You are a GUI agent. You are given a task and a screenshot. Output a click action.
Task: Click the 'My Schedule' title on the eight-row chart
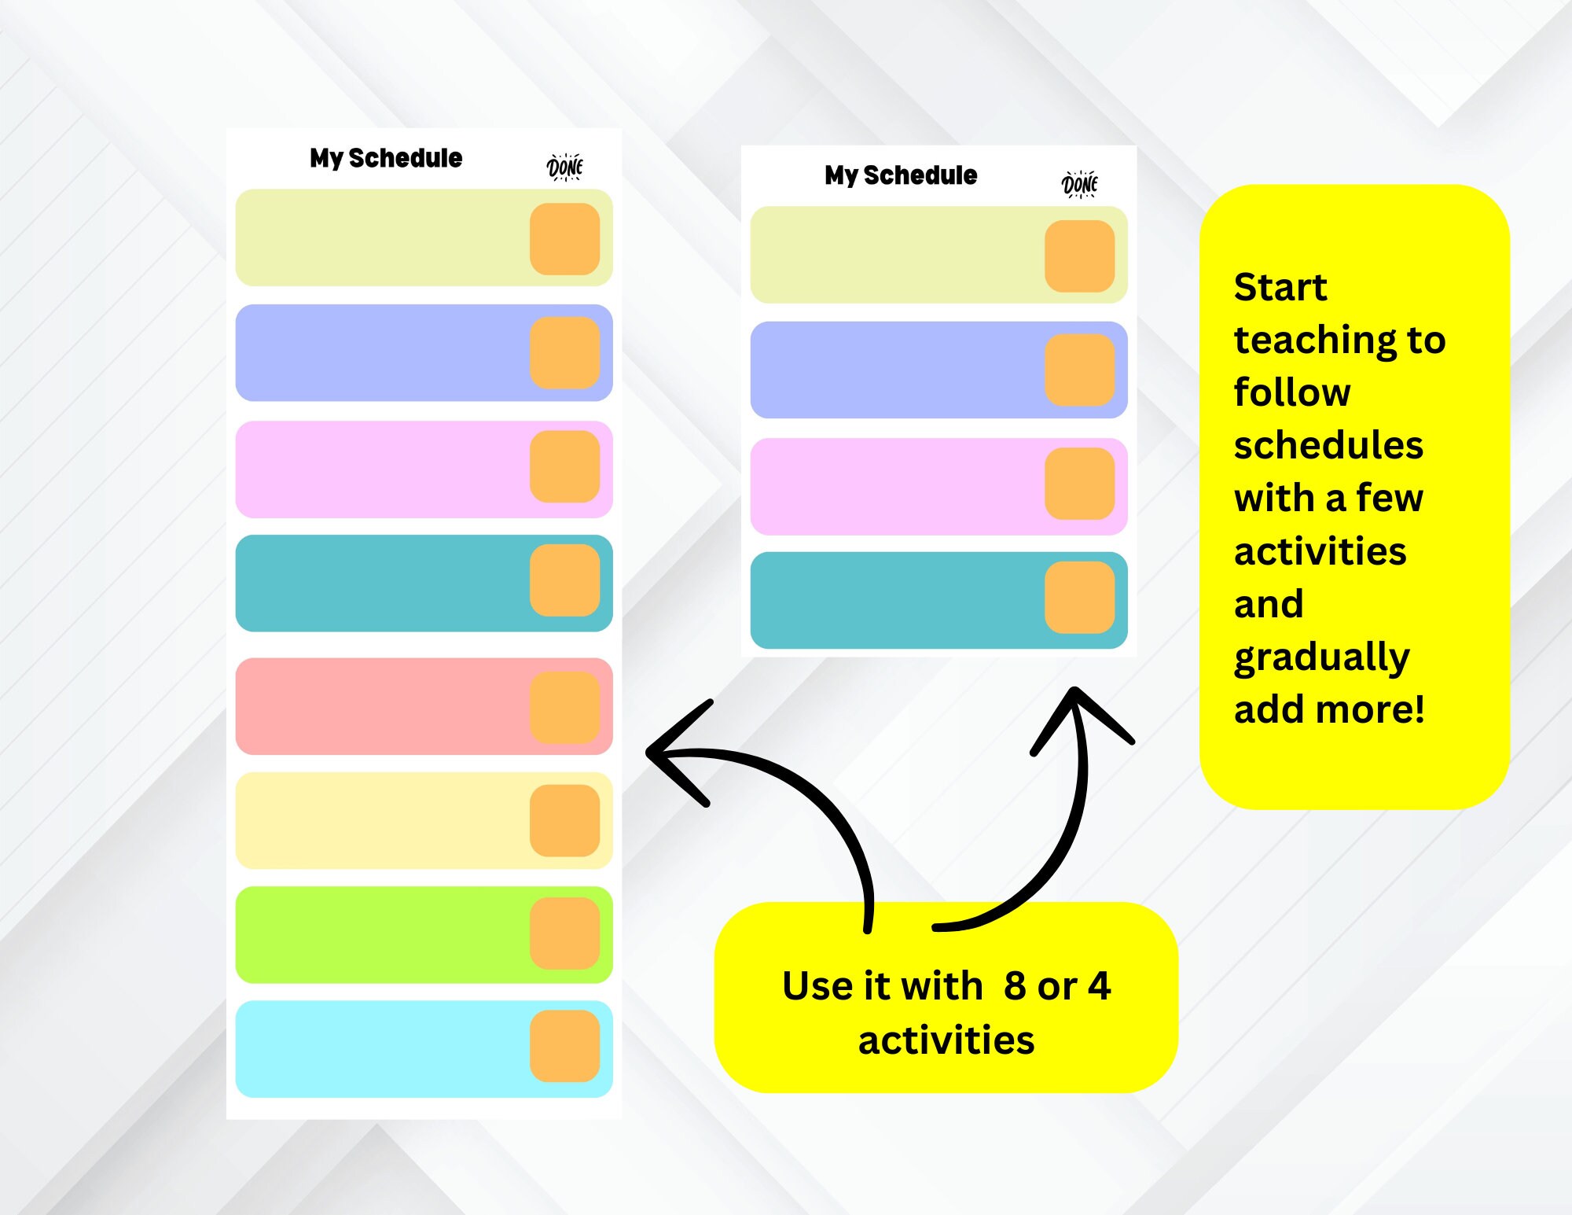pyautogui.click(x=386, y=158)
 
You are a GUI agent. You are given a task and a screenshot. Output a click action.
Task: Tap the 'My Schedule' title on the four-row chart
pyautogui.click(x=901, y=175)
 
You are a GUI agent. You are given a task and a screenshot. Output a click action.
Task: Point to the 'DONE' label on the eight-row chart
pyautogui.click(x=564, y=168)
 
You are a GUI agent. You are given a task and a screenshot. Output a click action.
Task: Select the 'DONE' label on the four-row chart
pyautogui.click(x=1079, y=185)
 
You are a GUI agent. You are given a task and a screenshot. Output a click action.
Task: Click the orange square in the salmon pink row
pyautogui.click(x=564, y=707)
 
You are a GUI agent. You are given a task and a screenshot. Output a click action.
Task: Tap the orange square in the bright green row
pyautogui.click(x=564, y=933)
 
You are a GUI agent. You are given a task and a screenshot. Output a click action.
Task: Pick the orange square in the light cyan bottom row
pyautogui.click(x=564, y=1046)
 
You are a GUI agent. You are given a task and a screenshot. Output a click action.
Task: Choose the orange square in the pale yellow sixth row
pyautogui.click(x=564, y=820)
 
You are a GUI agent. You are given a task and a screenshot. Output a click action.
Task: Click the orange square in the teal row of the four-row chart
pyautogui.click(x=1079, y=597)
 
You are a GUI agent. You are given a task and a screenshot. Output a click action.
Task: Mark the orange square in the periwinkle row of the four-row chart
pyautogui.click(x=1079, y=370)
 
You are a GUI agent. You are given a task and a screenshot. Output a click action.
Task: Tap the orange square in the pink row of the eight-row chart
pyautogui.click(x=564, y=466)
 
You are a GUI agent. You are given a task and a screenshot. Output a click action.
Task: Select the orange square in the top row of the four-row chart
pyautogui.click(x=1079, y=256)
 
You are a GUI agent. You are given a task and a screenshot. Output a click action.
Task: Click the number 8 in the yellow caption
pyautogui.click(x=1015, y=986)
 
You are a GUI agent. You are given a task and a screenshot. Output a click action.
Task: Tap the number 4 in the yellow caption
pyautogui.click(x=1100, y=986)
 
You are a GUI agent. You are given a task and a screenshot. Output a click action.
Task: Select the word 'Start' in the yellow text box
pyautogui.click(x=1280, y=287)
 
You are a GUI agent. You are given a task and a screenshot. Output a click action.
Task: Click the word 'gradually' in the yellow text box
pyautogui.click(x=1322, y=657)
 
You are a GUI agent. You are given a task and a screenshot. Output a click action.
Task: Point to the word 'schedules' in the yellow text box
pyautogui.click(x=1328, y=445)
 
